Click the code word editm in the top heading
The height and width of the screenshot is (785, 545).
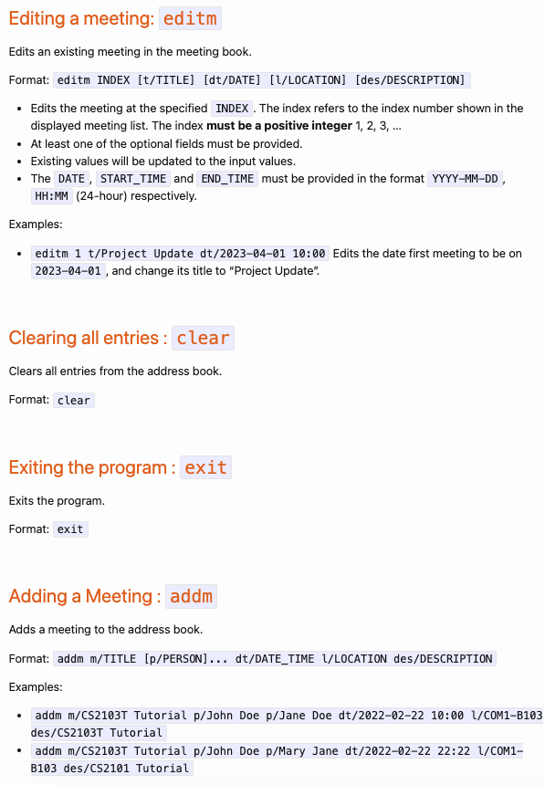point(191,18)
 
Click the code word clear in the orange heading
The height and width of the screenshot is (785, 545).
point(203,338)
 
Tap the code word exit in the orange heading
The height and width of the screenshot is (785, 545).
point(205,467)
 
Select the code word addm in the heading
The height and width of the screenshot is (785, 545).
point(191,596)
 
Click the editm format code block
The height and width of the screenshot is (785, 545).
point(261,80)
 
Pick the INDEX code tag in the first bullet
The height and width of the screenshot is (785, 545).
point(232,109)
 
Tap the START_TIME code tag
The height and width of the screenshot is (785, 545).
point(132,179)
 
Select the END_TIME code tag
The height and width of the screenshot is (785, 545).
point(227,179)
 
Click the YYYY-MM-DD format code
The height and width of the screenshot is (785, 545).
point(465,179)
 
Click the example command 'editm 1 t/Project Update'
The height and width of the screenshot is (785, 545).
point(181,254)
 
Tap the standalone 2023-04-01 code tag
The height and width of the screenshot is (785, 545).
point(69,271)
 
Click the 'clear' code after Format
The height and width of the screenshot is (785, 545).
point(74,400)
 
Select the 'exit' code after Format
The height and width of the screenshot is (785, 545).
point(70,529)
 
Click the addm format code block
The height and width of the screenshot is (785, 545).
point(275,658)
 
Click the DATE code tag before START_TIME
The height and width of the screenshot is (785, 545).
point(70,179)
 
